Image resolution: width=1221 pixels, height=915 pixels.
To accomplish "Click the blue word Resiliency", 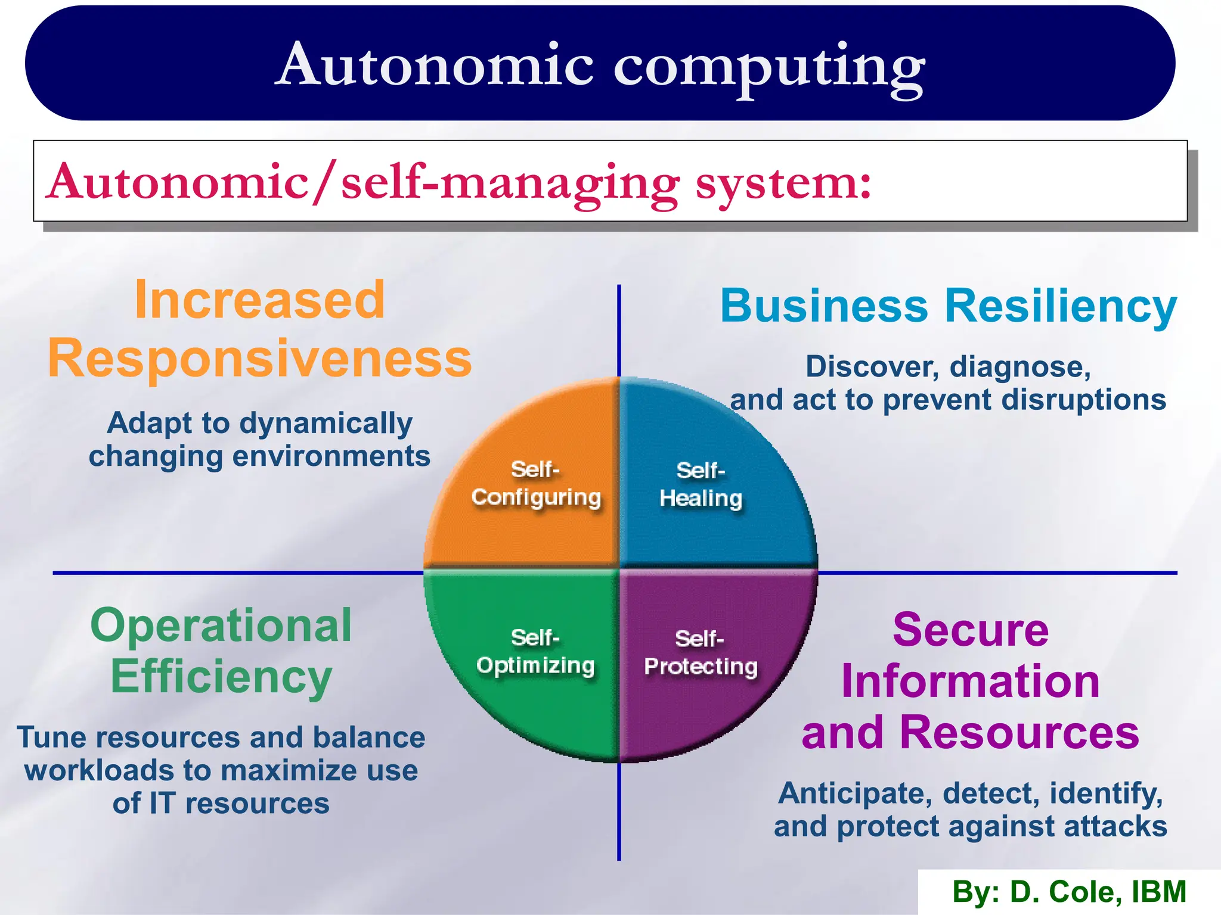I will click(x=1061, y=306).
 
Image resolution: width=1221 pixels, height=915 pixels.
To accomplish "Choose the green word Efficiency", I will click(x=221, y=677).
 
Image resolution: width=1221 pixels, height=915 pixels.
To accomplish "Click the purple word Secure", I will click(x=971, y=630).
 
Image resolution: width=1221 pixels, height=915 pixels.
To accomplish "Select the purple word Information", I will click(x=971, y=681).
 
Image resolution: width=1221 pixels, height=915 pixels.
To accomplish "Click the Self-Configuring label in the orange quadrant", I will click(x=536, y=484).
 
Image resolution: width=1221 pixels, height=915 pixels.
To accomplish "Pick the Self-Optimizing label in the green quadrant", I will click(x=535, y=652).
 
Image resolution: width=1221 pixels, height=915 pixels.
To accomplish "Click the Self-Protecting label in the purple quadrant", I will click(x=701, y=653).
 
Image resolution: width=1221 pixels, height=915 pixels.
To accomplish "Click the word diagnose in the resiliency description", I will click(x=1020, y=367).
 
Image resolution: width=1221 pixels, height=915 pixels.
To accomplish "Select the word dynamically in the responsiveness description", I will click(x=327, y=424).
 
